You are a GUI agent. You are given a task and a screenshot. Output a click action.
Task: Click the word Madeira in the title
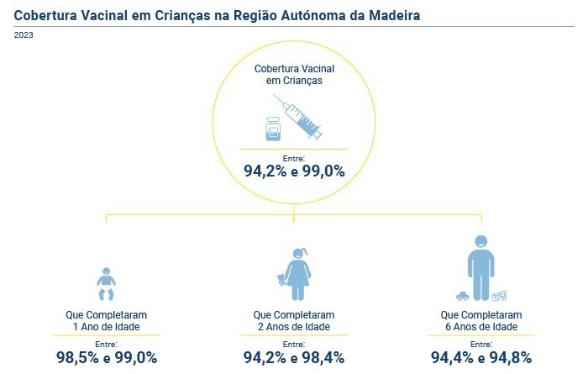tap(386, 15)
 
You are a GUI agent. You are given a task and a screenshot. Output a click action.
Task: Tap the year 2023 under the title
tap(24, 35)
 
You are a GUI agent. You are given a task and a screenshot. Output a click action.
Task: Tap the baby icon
tap(107, 284)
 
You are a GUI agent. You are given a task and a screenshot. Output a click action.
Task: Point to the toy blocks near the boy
tap(500, 295)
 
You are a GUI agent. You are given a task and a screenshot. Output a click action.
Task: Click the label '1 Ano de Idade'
tap(106, 326)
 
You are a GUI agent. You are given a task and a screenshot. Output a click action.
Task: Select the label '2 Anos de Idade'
tap(294, 326)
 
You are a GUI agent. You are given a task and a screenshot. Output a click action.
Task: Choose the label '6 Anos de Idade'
tap(480, 326)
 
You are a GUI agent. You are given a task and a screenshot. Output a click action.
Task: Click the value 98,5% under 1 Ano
tap(78, 357)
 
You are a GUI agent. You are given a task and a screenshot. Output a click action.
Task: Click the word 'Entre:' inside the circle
tap(294, 157)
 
